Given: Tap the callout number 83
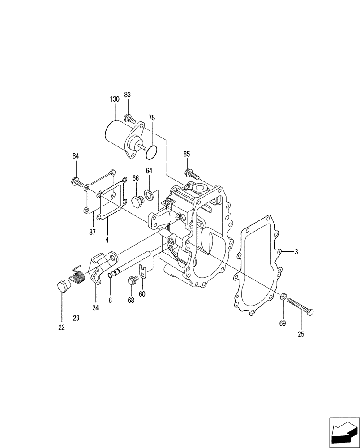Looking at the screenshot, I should [128, 95].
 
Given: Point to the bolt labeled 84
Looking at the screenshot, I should [77, 182].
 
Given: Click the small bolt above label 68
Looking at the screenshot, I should [131, 280].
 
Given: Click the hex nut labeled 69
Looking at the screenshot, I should [283, 296].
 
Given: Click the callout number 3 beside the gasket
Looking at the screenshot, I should [296, 252].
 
